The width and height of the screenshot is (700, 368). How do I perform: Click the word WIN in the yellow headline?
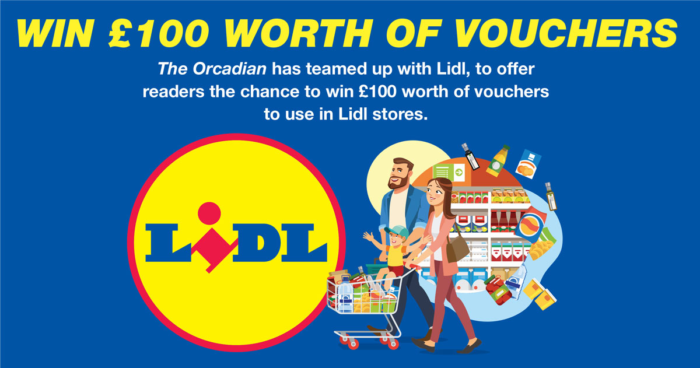tap(55, 33)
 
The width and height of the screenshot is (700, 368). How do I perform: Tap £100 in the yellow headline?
tap(159, 33)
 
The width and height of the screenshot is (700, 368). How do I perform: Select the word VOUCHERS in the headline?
tap(566, 33)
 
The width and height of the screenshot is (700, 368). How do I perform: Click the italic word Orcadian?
tap(229, 69)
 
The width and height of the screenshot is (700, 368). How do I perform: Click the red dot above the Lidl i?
tap(209, 213)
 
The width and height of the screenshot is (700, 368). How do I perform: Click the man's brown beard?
tap(399, 182)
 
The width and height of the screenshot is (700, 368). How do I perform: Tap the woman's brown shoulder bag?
tap(457, 249)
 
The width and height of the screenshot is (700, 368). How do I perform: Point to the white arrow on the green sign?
tap(459, 172)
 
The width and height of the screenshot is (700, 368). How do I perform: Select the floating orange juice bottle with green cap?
tap(498, 160)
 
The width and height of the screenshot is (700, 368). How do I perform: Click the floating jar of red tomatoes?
tap(498, 290)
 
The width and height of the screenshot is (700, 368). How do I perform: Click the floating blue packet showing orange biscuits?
tap(528, 164)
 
